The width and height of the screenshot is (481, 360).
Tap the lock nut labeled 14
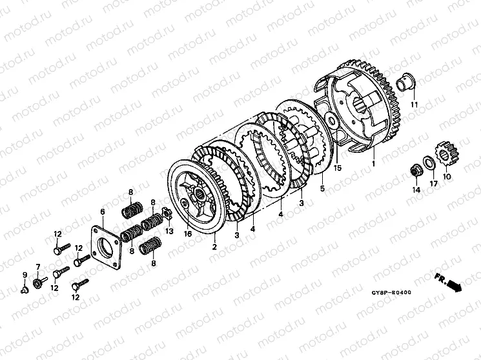pyautogui.click(x=416, y=172)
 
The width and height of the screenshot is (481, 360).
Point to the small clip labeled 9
pyautogui.click(x=25, y=289)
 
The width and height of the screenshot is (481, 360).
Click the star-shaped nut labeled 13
pyautogui.click(x=167, y=213)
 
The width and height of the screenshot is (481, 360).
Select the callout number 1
pyautogui.click(x=373, y=164)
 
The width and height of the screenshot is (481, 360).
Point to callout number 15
pyautogui.click(x=338, y=168)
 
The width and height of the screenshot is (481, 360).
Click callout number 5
pyautogui.click(x=322, y=188)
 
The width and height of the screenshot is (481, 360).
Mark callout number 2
pyautogui.click(x=214, y=246)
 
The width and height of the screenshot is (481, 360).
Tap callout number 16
pyautogui.click(x=188, y=234)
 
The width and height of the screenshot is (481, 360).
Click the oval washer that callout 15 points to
pyautogui.click(x=332, y=121)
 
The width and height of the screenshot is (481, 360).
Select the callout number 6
pyautogui.click(x=103, y=211)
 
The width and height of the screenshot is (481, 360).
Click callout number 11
pyautogui.click(x=414, y=105)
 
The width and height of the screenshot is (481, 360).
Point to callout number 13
pyautogui.click(x=169, y=230)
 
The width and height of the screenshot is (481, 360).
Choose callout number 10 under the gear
pyautogui.click(x=447, y=177)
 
